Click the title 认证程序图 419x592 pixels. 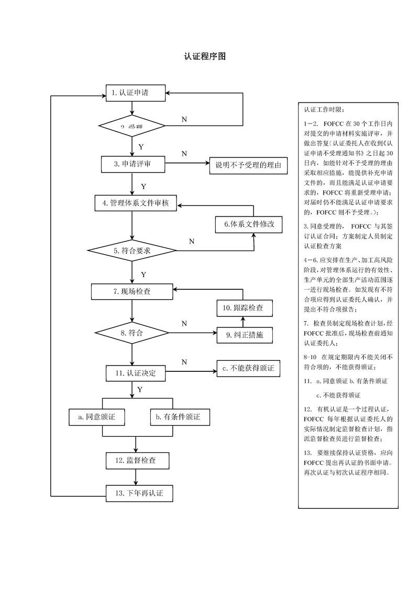(205, 56)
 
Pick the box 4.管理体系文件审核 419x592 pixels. (136, 203)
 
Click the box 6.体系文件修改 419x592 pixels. (249, 224)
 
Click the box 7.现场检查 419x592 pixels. (132, 291)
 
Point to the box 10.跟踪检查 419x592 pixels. (245, 308)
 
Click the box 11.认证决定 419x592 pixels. (136, 373)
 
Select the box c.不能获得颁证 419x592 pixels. (248, 368)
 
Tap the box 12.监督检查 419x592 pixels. (136, 461)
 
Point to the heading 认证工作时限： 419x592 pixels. (324, 110)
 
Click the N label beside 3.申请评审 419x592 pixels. (184, 154)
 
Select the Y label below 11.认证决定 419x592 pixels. (140, 390)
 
